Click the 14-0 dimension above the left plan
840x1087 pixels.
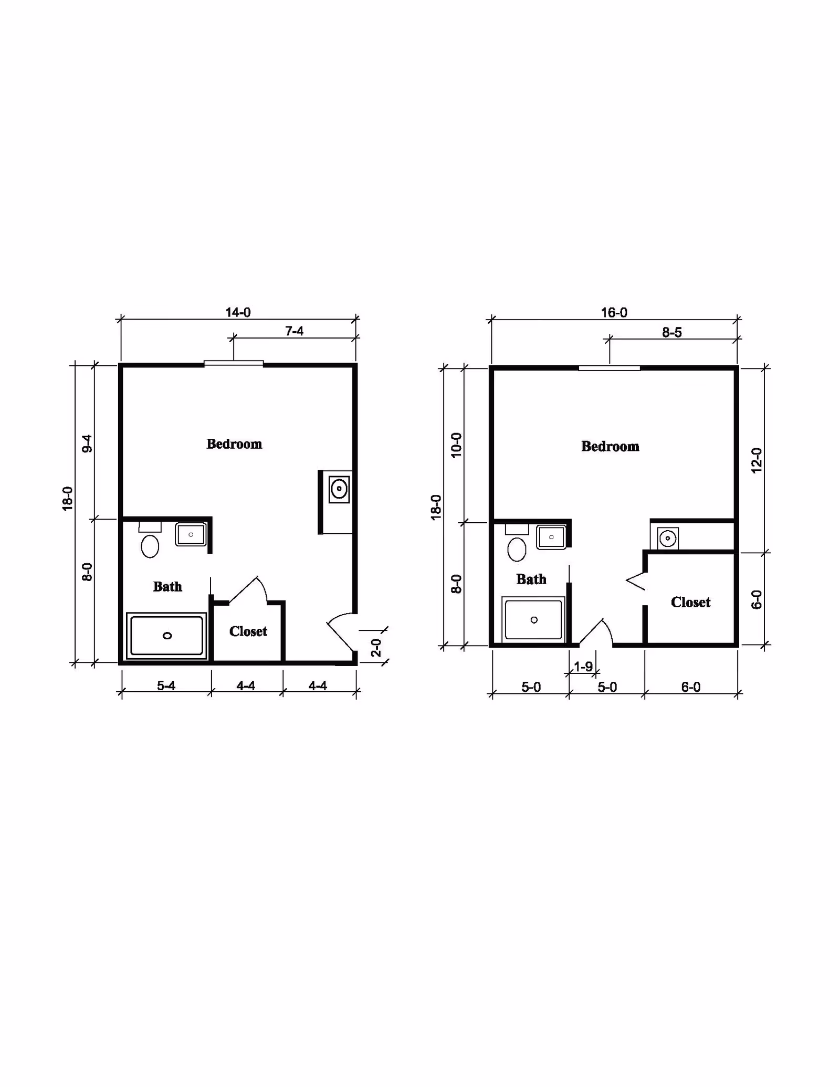[x=238, y=312]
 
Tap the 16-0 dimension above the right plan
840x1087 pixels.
[x=614, y=313]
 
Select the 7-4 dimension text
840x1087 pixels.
[x=294, y=331]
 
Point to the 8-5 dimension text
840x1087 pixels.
[x=671, y=332]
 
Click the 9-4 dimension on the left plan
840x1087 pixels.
[x=87, y=444]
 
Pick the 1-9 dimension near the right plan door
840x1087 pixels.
[x=583, y=667]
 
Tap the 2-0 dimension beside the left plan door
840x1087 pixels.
[x=376, y=647]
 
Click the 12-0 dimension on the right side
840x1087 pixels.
[x=756, y=460]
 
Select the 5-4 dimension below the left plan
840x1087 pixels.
[x=166, y=685]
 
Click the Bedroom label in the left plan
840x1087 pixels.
[x=234, y=444]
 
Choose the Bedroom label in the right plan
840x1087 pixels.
[x=610, y=446]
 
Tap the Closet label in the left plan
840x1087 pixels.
[x=248, y=631]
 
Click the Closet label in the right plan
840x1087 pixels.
[x=690, y=602]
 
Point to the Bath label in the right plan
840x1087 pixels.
[x=531, y=579]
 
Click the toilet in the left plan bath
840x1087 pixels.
[x=150, y=545]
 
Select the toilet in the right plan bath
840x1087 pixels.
[x=517, y=549]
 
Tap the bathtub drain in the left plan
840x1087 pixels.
[x=167, y=636]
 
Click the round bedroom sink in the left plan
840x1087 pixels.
[x=339, y=489]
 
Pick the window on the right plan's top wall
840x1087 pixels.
[x=609, y=368]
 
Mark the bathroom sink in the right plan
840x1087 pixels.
[x=551, y=537]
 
